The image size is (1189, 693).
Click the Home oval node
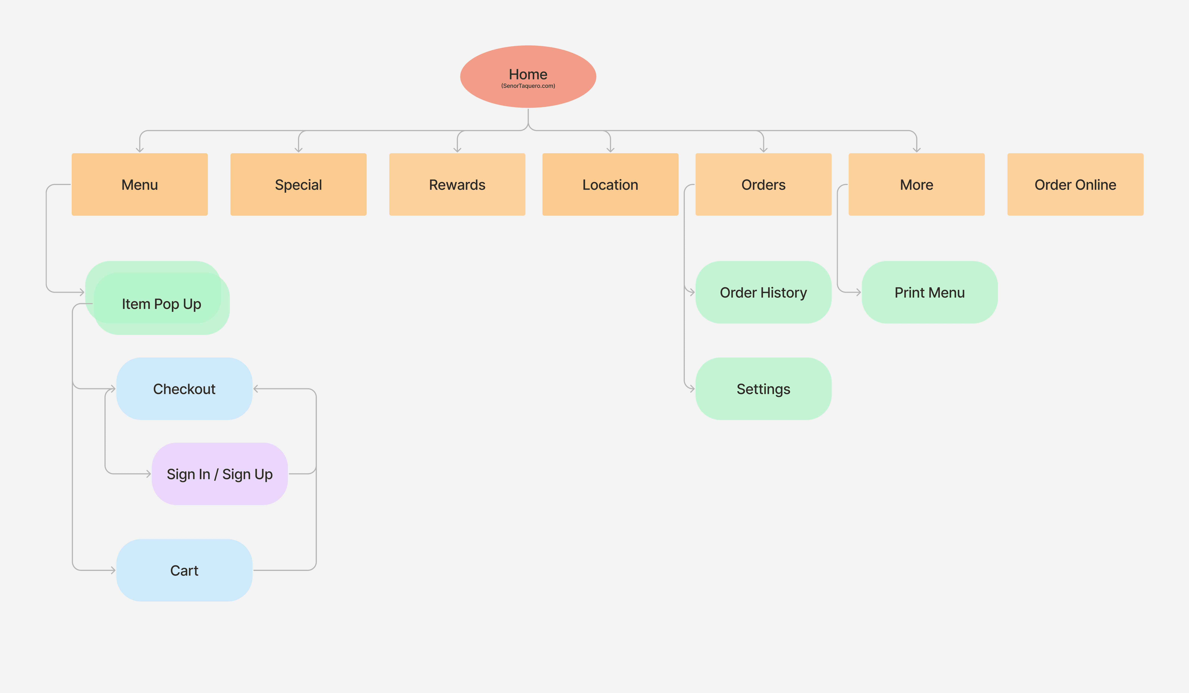pos(528,77)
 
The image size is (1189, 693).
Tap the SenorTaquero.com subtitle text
pos(528,86)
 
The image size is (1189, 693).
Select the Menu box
pos(140,185)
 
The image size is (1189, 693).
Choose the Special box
pos(298,185)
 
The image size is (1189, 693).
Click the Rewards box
pos(457,185)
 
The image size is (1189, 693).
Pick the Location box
pos(610,185)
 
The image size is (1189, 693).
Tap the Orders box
pos(763,185)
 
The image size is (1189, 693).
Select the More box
pos(916,185)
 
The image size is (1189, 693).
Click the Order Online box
pos(1075,185)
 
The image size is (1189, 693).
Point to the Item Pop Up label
pos(161,304)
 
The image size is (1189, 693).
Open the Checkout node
pos(184,389)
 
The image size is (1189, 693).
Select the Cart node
pos(184,570)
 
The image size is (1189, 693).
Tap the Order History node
pos(763,292)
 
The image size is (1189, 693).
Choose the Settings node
pos(763,389)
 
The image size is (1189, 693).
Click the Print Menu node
pos(929,292)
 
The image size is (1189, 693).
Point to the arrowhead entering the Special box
pos(298,150)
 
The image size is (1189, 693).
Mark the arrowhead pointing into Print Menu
pos(858,292)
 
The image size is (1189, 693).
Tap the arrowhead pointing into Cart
pos(113,570)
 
